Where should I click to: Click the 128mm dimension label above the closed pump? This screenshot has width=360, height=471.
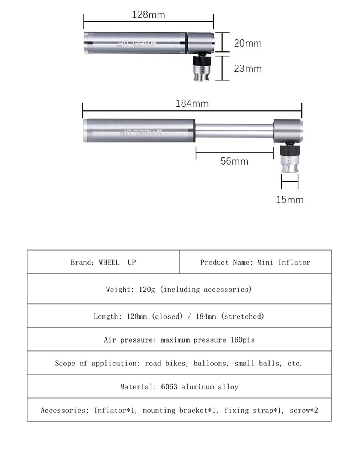[148, 15]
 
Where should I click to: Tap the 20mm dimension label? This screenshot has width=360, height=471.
[248, 43]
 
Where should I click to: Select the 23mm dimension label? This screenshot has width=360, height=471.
[248, 69]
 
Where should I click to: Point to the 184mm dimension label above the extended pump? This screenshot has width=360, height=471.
[192, 103]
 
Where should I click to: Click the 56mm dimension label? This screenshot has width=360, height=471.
[234, 161]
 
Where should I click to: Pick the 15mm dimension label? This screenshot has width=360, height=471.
[290, 200]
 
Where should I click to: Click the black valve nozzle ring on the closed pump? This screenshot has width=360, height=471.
[202, 60]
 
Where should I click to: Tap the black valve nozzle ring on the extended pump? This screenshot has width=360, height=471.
[290, 151]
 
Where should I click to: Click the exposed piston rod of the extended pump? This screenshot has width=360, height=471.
[234, 130]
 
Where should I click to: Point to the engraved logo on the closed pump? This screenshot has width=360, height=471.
[137, 44]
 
